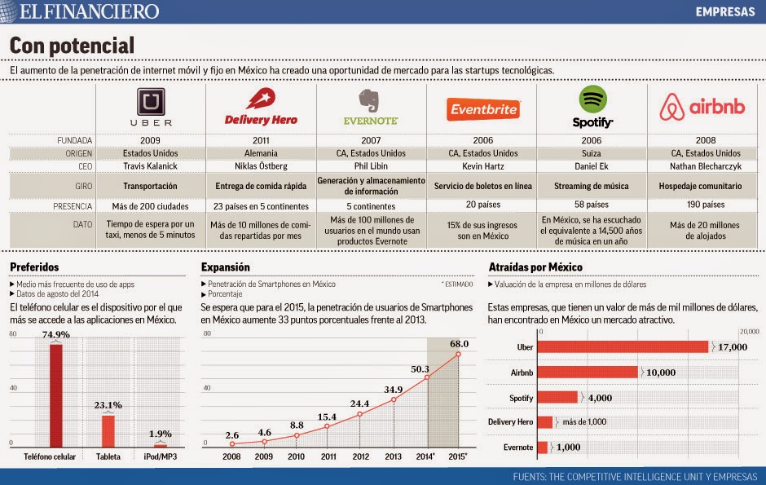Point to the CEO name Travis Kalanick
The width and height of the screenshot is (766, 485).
point(151,166)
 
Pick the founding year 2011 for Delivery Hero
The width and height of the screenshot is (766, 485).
point(260,139)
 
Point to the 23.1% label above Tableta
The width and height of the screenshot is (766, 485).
point(108,404)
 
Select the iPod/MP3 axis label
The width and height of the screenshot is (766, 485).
point(161,457)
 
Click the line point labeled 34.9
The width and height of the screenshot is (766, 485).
point(394,399)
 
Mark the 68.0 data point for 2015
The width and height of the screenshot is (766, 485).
point(459,353)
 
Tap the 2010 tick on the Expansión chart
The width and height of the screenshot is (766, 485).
point(297,457)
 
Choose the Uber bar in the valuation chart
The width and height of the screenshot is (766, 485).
point(623,346)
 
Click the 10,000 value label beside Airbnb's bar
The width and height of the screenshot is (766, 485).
point(661,372)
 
